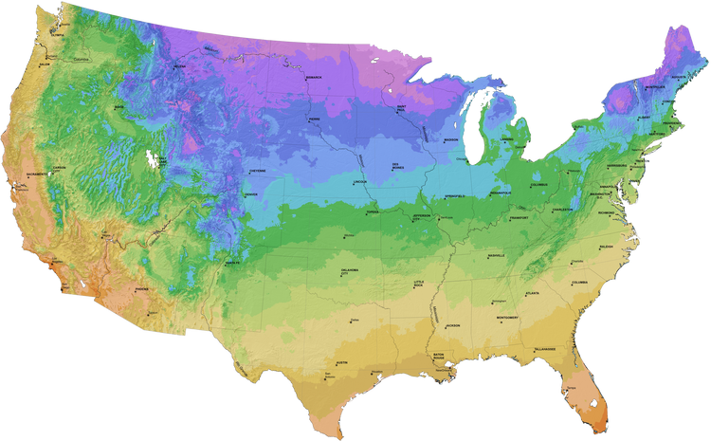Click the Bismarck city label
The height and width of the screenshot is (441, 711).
314,77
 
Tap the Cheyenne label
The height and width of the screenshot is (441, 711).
257,171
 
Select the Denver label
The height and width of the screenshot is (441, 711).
250,196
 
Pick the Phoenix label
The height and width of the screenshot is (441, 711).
141,289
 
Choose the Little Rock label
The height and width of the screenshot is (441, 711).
419,284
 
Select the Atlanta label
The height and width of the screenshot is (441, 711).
532,294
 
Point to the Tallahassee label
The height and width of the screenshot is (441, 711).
543,349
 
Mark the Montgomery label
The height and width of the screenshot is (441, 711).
507,318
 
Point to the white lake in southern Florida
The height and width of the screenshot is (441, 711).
594,402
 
